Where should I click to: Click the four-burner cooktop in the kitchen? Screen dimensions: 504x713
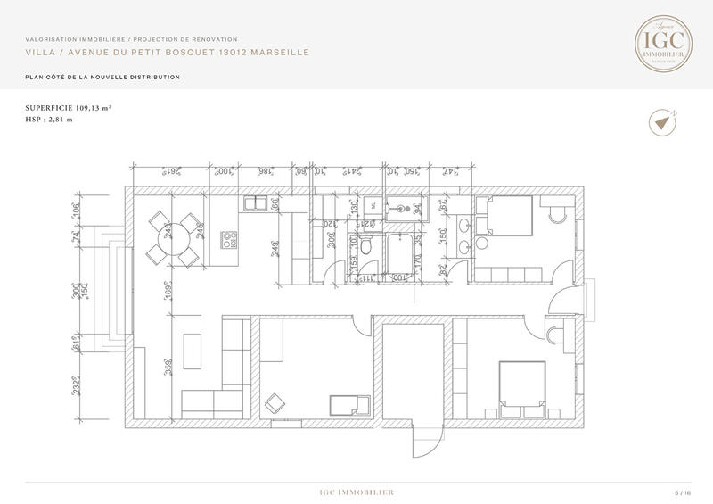(x=230, y=239)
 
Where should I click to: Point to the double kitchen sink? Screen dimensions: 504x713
(x=257, y=203)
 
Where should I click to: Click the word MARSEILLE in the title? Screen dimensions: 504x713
(x=279, y=53)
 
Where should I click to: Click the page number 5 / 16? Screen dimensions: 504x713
(x=683, y=492)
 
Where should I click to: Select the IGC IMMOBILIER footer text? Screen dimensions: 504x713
(x=356, y=492)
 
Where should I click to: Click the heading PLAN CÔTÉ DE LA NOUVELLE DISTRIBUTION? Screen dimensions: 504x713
(x=102, y=78)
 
